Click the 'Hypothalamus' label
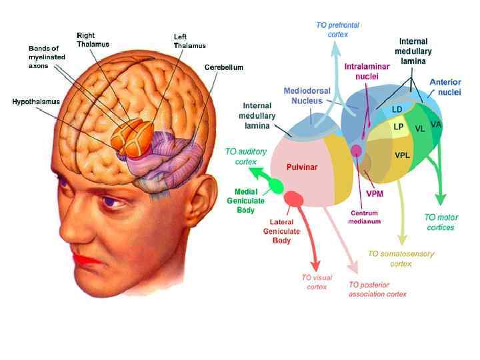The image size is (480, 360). coord(36,101)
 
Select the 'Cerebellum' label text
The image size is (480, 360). coord(224,67)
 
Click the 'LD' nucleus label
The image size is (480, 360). coord(397,109)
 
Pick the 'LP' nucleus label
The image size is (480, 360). coord(399,127)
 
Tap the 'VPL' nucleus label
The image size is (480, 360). coord(402,155)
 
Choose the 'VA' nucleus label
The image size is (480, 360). coord(436,125)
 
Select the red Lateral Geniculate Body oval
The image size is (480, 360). coord(293,198)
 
